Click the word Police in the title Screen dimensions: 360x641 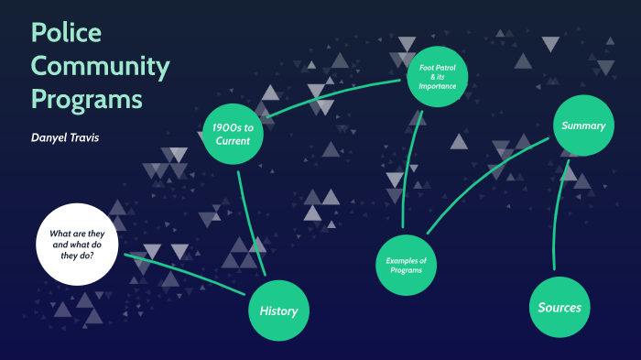pos(66,33)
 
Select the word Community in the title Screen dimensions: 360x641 pos(101,66)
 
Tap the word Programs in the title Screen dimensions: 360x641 pos(86,97)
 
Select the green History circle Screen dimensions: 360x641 pos(278,311)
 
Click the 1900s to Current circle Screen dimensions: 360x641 pos(233,134)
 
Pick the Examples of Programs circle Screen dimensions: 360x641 pos(406,266)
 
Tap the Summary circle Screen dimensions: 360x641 pos(582,125)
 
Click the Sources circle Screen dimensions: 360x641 pos(560,307)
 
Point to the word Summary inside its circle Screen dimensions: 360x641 pos(582,125)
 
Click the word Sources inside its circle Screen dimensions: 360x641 pos(560,307)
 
